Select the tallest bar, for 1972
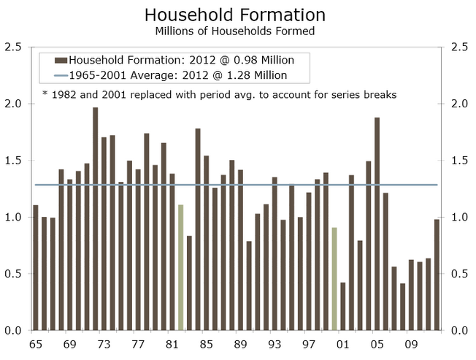95,219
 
